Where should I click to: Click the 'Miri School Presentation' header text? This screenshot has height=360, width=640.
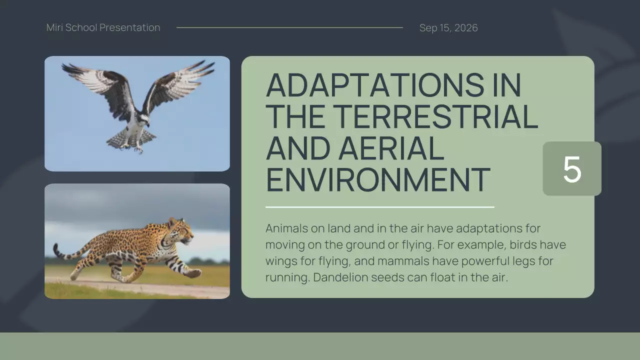click(x=103, y=27)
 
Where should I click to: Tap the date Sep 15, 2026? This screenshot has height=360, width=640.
click(x=448, y=28)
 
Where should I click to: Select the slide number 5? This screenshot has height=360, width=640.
click(x=572, y=169)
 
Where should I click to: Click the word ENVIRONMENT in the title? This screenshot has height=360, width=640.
click(x=377, y=180)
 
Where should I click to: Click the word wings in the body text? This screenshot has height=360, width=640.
click(x=279, y=261)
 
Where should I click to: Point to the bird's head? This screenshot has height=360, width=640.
click(x=144, y=119)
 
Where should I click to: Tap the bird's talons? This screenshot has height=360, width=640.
click(x=137, y=148)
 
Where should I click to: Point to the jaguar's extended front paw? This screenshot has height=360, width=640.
click(x=194, y=273)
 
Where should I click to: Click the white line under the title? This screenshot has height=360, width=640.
click(x=379, y=206)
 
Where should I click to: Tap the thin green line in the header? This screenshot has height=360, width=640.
click(x=289, y=27)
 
